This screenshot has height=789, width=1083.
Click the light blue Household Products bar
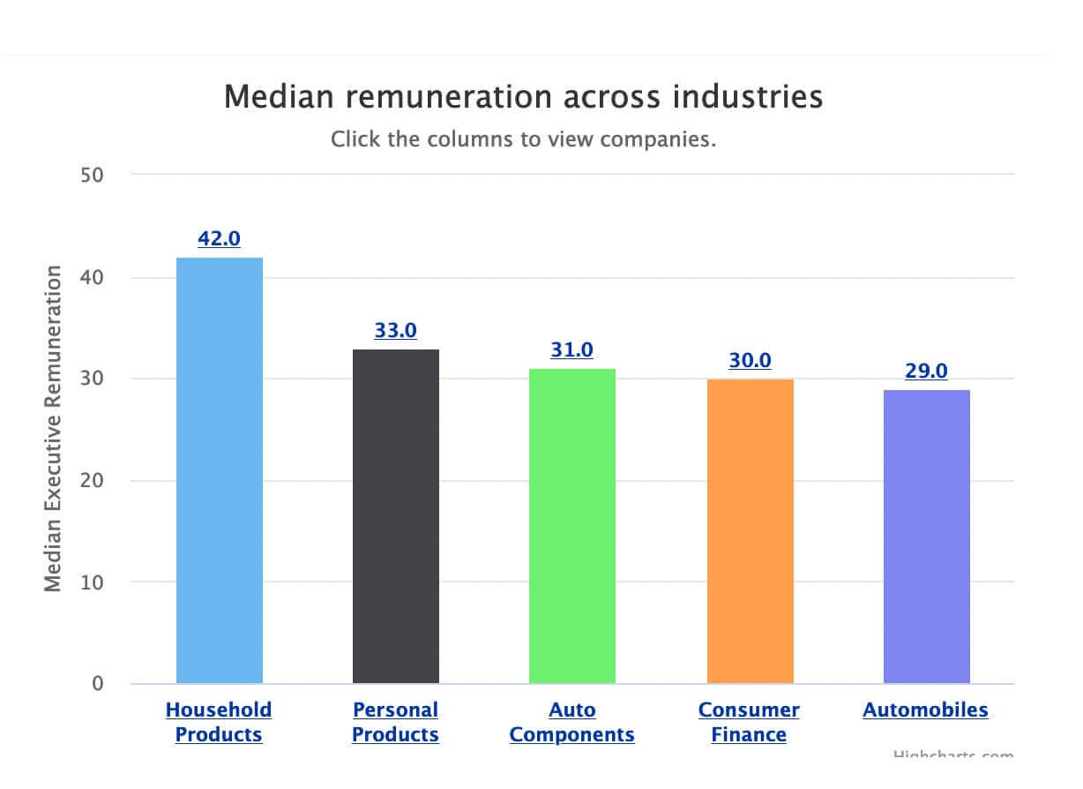220,470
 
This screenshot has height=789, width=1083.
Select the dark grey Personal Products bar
396,515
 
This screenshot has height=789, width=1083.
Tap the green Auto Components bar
572,525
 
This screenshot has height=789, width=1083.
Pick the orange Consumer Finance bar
750,530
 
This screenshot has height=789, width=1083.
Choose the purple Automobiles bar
926,536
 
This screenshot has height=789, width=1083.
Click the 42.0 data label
220,238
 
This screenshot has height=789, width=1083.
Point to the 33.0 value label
396,330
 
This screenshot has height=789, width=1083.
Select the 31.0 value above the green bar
572,349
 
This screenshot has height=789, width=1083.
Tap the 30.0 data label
750,360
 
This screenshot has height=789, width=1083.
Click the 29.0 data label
926,371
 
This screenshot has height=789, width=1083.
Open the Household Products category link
219,722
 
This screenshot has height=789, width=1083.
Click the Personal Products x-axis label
395,722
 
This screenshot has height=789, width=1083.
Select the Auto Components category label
572,722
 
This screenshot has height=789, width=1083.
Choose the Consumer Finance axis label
749,722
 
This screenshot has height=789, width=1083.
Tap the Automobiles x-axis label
925,710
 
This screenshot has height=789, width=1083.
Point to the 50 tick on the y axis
93,175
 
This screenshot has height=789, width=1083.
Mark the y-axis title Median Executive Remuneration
54,429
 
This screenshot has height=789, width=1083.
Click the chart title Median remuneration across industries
523,96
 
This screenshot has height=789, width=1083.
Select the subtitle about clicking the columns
523,139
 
